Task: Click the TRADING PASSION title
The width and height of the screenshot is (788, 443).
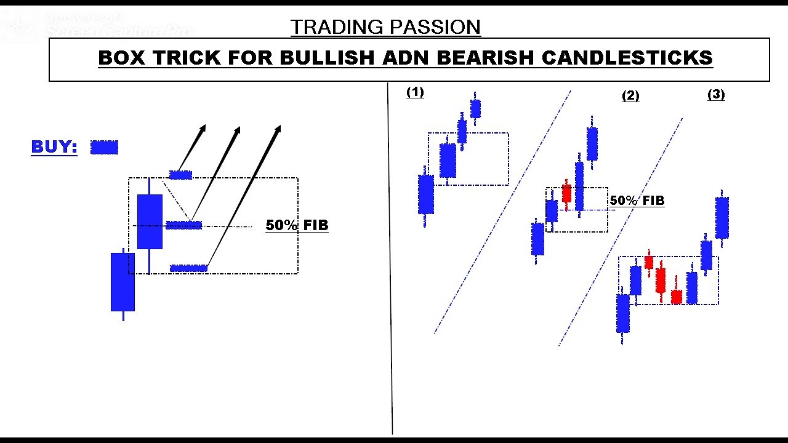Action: (385, 27)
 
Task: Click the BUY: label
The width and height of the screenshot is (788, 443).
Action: (54, 147)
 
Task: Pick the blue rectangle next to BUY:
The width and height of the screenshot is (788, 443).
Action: (104, 147)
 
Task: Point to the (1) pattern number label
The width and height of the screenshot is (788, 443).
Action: (415, 92)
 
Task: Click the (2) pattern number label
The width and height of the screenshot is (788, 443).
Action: (630, 96)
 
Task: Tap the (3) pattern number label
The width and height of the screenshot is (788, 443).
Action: (716, 95)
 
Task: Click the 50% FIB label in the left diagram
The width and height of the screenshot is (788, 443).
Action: (297, 225)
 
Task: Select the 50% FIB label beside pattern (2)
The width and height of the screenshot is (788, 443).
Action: (637, 201)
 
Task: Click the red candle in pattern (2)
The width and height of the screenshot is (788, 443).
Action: (566, 193)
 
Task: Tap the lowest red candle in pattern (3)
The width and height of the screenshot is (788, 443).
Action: (676, 297)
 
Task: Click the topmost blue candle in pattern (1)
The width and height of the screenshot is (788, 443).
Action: (475, 109)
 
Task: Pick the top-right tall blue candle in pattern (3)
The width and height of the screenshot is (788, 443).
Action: (722, 217)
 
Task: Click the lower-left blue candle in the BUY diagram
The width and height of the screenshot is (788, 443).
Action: (123, 281)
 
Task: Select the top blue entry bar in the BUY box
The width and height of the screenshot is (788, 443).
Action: (180, 175)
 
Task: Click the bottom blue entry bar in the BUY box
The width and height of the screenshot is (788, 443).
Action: (188, 268)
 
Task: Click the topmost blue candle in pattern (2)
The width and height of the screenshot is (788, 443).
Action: (592, 143)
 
